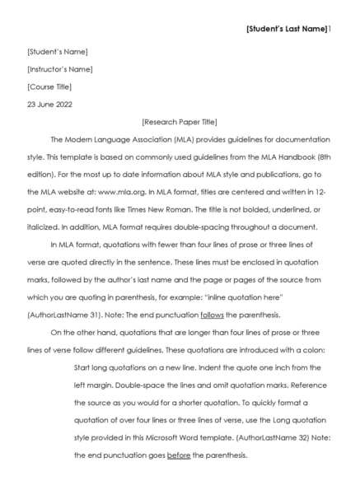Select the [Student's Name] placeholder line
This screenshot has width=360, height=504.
58,53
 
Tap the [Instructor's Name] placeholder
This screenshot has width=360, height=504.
60,69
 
